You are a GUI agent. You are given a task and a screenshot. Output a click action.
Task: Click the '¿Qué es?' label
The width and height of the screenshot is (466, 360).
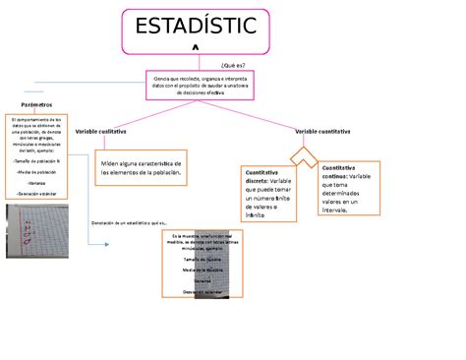pos(234,64)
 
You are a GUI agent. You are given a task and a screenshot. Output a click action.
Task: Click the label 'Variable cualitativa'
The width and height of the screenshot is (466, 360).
pos(108,131)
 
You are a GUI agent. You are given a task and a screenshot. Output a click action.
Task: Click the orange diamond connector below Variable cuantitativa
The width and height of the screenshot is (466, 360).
pos(306,156)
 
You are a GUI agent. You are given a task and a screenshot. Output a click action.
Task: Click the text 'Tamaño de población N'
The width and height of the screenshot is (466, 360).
pos(37,158)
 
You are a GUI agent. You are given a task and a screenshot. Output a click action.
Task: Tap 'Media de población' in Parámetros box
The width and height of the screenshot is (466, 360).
pos(36,170)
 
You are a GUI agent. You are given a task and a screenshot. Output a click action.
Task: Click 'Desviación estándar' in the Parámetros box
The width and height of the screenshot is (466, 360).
pos(36,194)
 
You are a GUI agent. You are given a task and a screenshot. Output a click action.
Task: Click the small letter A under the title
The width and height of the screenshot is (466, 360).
pos(194,48)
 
